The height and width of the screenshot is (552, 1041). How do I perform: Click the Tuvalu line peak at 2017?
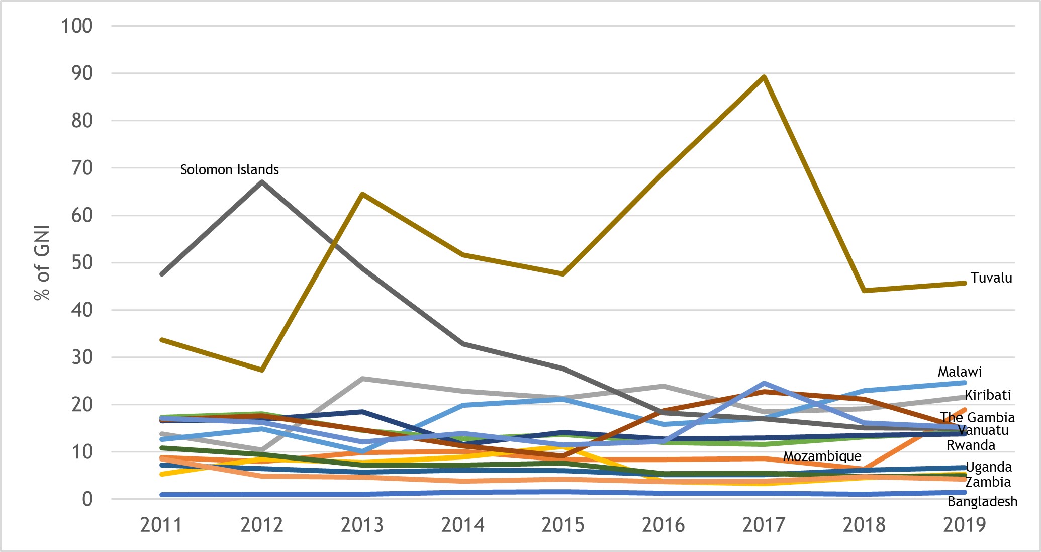point(764,77)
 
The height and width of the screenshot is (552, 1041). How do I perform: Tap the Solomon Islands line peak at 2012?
point(262,181)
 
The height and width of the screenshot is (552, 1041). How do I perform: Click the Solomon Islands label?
point(229,170)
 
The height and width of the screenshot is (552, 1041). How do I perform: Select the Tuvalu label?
point(991,278)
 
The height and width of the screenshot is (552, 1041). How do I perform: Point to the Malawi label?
point(959,372)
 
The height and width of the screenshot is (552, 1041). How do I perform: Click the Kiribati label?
point(987,395)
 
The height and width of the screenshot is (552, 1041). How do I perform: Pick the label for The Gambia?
point(977,417)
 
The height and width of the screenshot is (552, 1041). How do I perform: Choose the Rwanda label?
point(971,445)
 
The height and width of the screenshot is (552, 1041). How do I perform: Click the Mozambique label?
point(822,456)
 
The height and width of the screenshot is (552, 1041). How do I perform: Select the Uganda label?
point(988,467)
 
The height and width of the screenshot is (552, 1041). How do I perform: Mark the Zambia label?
point(988,482)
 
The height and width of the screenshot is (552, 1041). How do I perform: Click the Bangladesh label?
point(982,502)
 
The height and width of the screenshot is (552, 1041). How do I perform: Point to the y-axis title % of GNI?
point(42,263)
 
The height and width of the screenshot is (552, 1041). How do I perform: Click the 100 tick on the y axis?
point(77,26)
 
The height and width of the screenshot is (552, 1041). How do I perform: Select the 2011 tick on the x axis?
point(161,525)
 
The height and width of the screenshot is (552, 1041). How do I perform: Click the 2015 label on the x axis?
point(562,525)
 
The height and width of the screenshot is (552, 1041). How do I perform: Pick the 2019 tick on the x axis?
point(964,525)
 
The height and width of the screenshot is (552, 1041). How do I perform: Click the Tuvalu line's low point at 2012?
point(262,370)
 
